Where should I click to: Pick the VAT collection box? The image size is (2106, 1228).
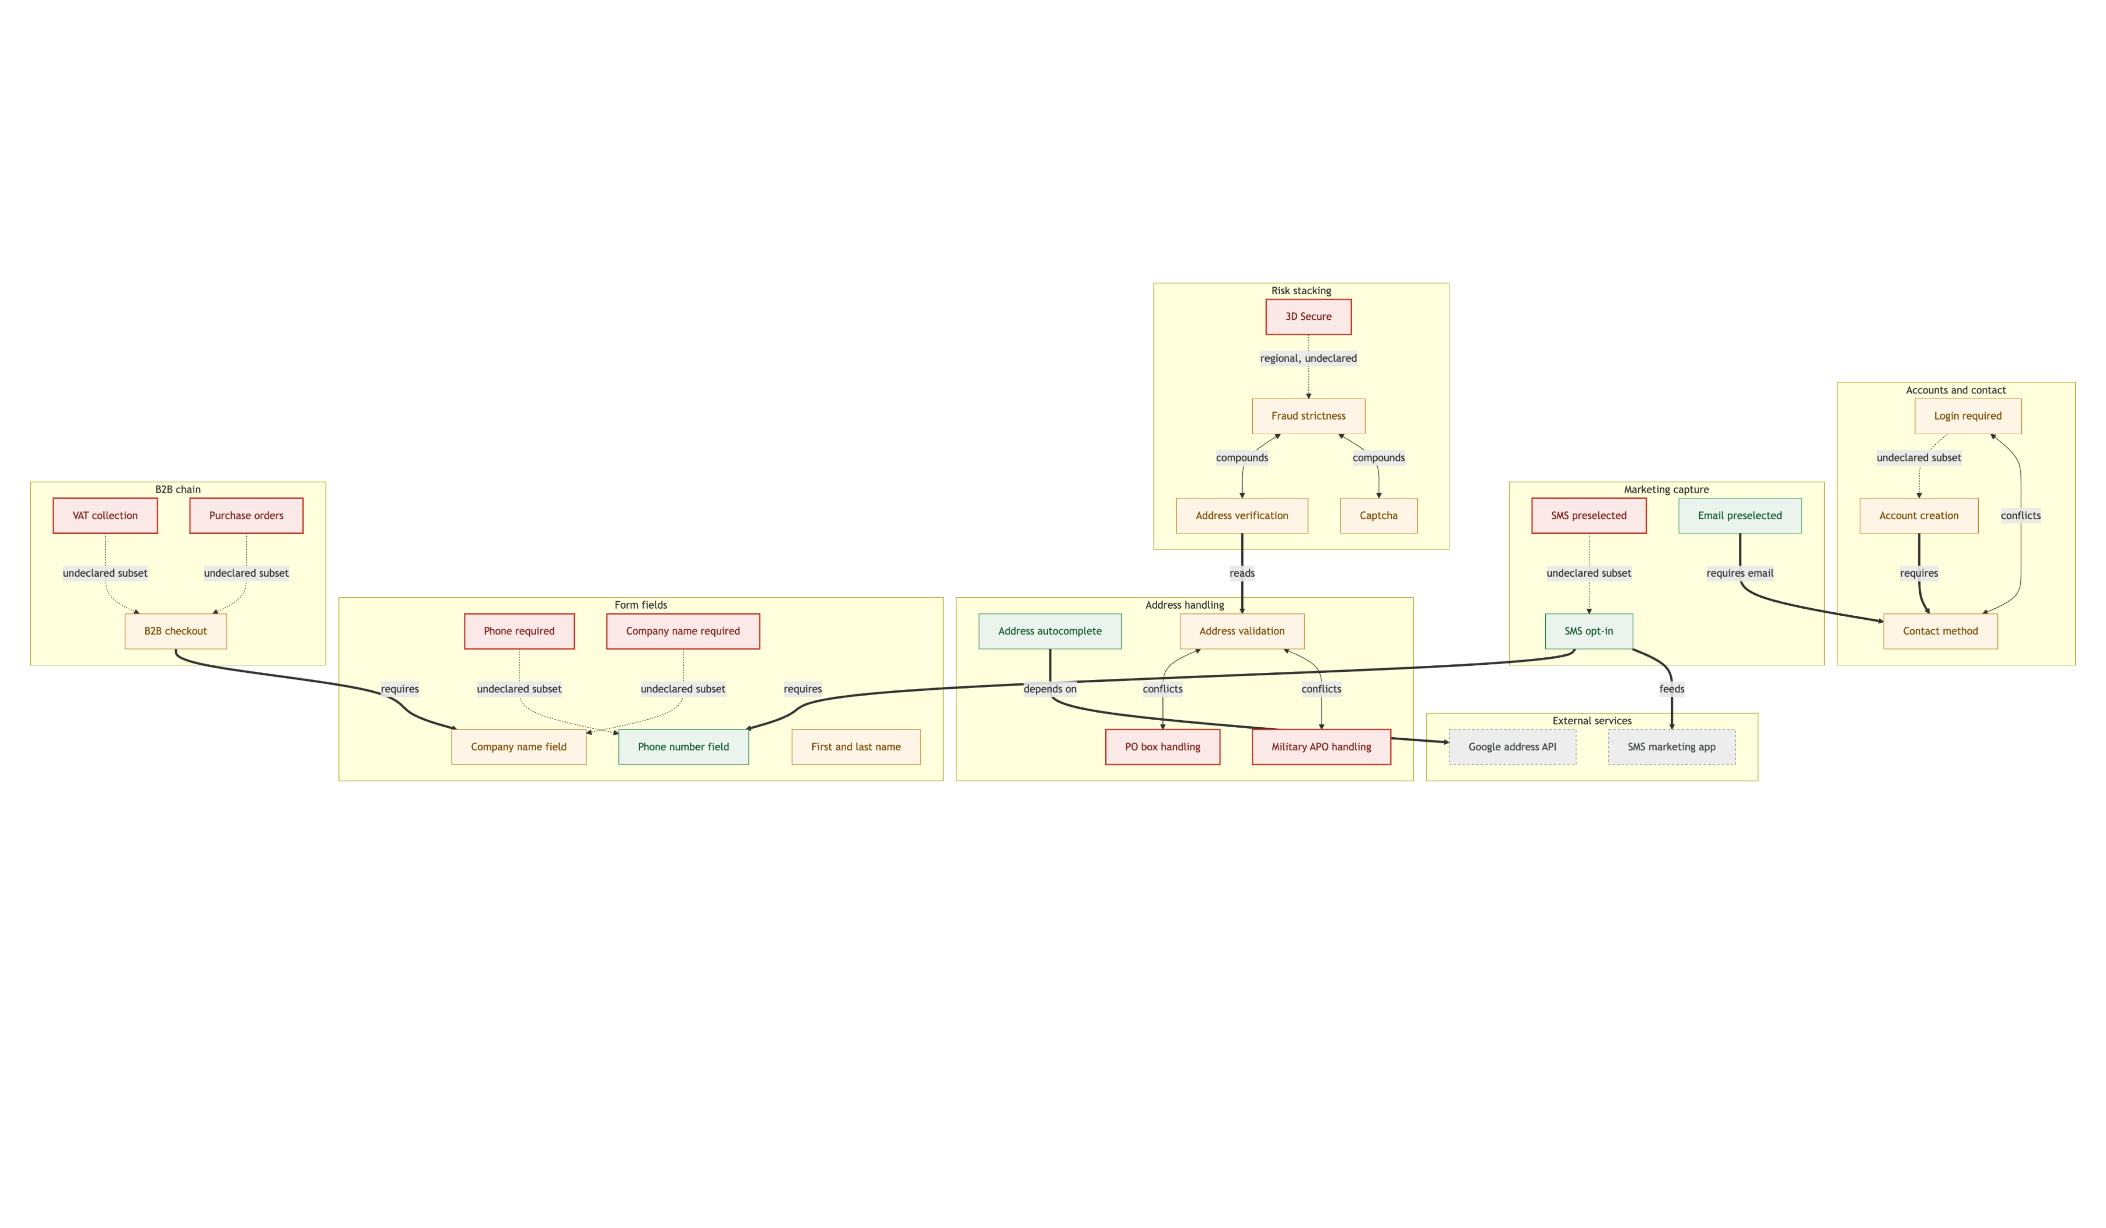(105, 515)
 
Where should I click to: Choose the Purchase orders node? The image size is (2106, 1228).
(247, 515)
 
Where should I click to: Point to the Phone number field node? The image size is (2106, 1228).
(684, 747)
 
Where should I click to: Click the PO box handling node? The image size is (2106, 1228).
(1163, 747)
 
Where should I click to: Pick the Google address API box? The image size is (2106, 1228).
(1513, 747)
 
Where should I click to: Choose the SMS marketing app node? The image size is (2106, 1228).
(1672, 747)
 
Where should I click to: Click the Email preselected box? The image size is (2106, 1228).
(1740, 515)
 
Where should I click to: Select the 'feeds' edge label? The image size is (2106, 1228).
(1672, 689)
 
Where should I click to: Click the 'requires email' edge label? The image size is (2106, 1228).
(1740, 573)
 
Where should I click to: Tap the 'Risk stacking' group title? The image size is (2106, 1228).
(1301, 291)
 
